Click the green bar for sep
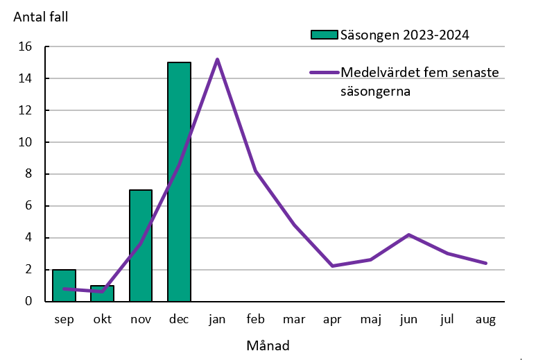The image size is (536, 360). pos(64,286)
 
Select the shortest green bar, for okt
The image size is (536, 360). pos(102,293)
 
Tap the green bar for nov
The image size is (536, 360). pos(141,246)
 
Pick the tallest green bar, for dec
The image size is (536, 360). pos(179,182)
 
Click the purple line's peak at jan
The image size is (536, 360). pos(217,60)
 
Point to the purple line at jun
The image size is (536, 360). pos(409,234)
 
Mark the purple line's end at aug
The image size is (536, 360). pos(486,263)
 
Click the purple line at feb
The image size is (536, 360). pos(256,171)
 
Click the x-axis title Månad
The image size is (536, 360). pos(268,345)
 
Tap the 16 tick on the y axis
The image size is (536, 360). pos(26,47)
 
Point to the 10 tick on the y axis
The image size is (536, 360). pos(26,142)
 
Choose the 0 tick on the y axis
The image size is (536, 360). pos(29,302)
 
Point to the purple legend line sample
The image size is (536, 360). pos(324,73)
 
